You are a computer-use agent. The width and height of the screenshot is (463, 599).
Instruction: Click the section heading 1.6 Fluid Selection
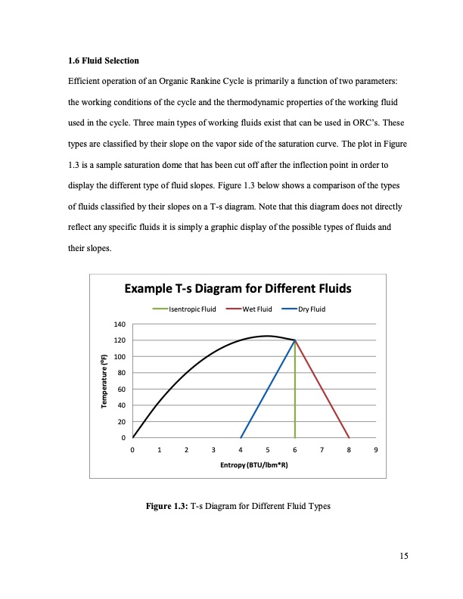click(104, 60)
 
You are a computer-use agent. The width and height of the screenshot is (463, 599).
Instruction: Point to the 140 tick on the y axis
click(119, 324)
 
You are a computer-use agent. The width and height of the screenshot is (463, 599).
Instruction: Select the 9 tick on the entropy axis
click(376, 450)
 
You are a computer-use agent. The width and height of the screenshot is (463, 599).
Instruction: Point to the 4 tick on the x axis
click(241, 450)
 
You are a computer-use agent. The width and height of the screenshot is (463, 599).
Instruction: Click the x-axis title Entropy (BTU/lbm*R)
click(254, 464)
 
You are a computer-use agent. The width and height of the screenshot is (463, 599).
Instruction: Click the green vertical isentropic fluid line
click(295, 393)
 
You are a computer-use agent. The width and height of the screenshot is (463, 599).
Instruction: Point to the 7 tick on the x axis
click(322, 450)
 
